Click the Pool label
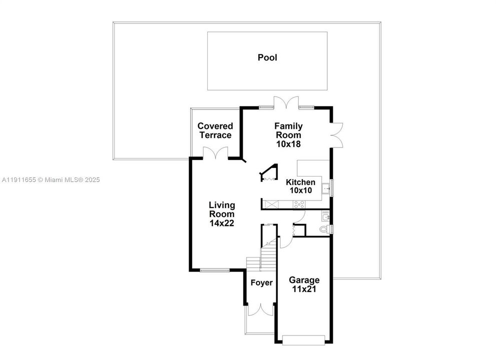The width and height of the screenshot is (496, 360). (267, 57)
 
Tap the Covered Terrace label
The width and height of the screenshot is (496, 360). (215, 130)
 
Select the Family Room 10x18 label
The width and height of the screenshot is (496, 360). (289, 135)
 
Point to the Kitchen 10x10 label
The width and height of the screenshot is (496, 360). (300, 186)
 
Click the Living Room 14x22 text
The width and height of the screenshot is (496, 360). (222, 214)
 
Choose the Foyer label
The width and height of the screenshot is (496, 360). (261, 283)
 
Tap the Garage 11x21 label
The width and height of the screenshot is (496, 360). (304, 284)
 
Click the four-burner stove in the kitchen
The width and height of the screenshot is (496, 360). (299, 204)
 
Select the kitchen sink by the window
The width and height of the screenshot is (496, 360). (326, 188)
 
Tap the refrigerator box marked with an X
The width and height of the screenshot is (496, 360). (271, 204)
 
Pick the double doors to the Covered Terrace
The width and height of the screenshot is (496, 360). (215, 153)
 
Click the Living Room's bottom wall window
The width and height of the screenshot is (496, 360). (214, 270)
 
